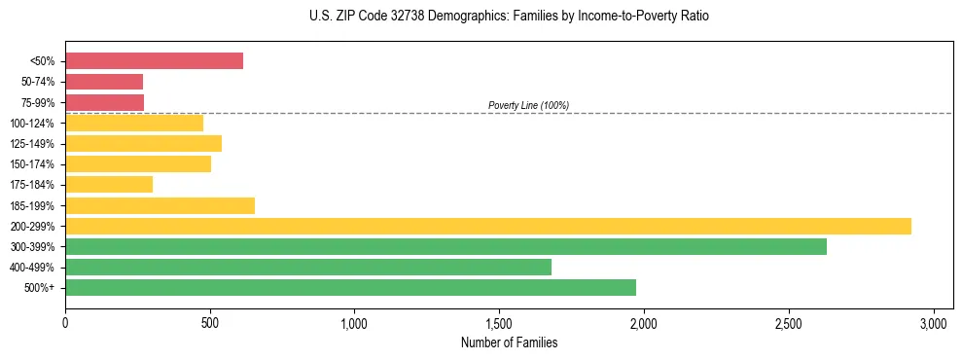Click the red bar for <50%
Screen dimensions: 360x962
click(154, 61)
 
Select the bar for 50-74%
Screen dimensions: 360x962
click(104, 82)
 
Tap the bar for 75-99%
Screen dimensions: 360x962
click(104, 102)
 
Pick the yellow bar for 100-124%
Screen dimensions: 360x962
click(134, 123)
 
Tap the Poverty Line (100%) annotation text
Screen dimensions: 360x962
click(528, 105)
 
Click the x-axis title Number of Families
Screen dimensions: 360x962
click(509, 342)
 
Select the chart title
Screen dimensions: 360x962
click(510, 17)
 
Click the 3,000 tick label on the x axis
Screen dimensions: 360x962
click(934, 322)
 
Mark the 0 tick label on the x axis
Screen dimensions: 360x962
click(65, 322)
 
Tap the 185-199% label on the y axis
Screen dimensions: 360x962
click(32, 205)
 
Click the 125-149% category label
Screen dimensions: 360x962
click(32, 144)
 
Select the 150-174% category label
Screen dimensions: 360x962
click(32, 164)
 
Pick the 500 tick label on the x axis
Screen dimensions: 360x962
click(210, 322)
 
